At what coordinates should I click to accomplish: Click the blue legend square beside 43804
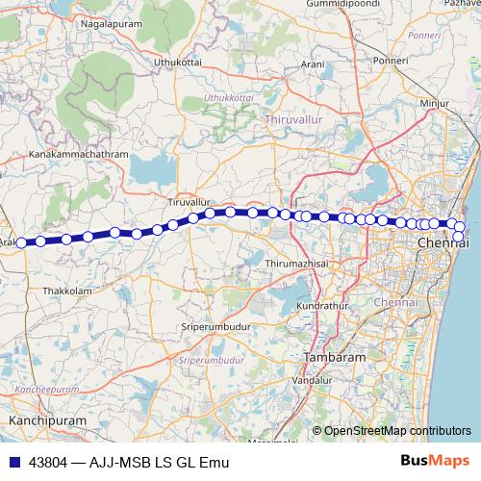click(x=13, y=462)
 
